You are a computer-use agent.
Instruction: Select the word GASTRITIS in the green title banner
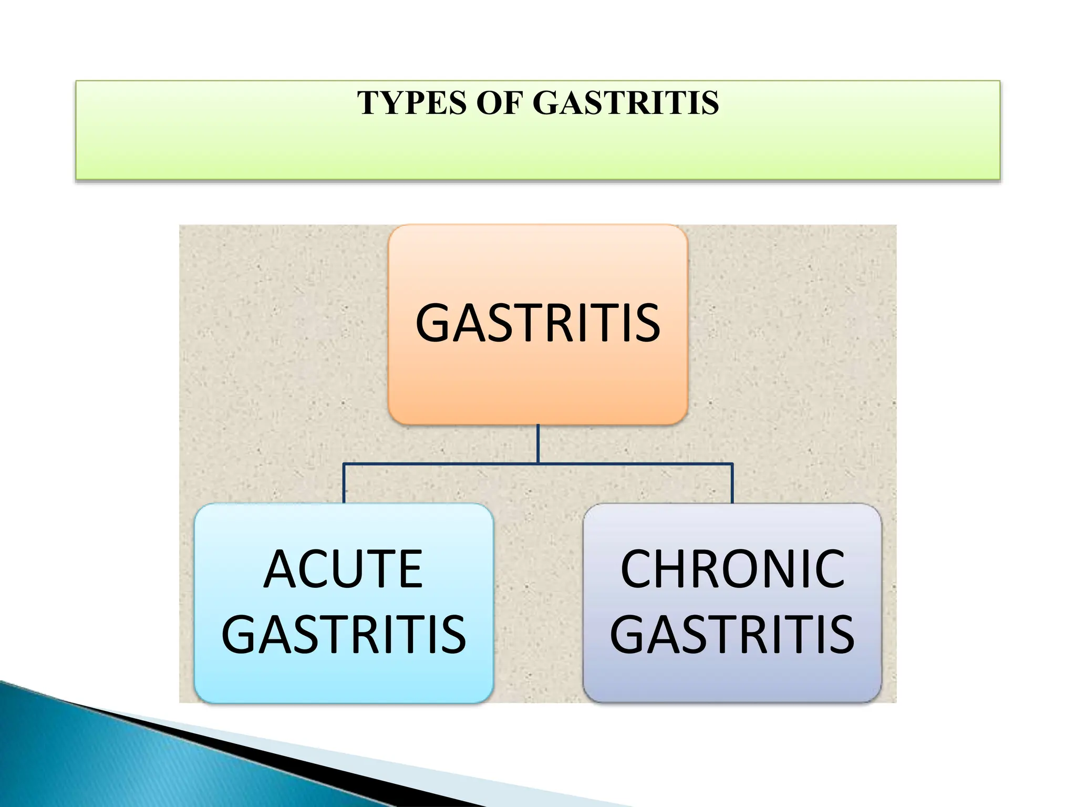(x=625, y=103)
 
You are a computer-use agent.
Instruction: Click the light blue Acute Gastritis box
(x=344, y=678)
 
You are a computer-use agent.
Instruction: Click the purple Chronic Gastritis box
(x=732, y=678)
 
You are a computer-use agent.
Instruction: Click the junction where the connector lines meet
(x=538, y=464)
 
